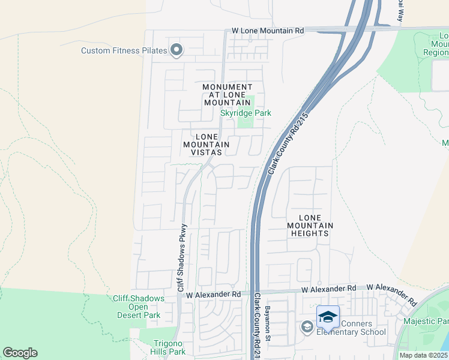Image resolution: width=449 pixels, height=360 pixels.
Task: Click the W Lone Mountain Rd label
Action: click(268, 31)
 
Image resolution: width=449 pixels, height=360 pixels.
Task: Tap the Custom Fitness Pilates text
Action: click(124, 50)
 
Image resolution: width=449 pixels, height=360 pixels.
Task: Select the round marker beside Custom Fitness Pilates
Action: click(176, 50)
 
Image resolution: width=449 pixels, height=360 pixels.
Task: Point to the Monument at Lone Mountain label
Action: click(228, 95)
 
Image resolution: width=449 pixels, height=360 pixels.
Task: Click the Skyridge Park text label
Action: click(246, 113)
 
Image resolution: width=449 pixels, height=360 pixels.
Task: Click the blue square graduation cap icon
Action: click(328, 316)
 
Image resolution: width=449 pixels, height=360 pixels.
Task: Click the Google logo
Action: click(20, 353)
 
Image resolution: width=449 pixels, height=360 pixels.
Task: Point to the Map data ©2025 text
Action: click(423, 355)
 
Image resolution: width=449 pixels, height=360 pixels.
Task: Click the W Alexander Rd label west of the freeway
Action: click(213, 295)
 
